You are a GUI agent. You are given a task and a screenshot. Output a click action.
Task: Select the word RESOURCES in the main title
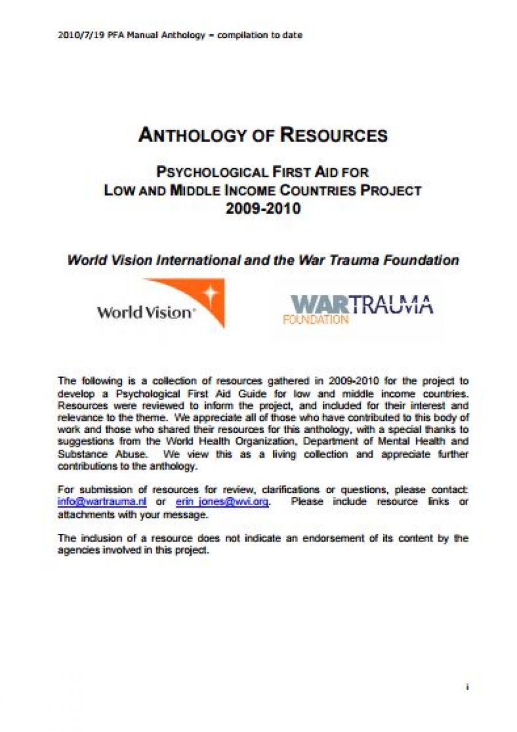[333, 135]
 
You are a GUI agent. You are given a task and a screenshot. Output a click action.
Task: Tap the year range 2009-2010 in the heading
[263, 208]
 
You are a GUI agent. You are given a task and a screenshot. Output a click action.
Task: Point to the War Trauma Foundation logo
[358, 309]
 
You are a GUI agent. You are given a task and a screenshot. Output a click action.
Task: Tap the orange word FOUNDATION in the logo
[315, 320]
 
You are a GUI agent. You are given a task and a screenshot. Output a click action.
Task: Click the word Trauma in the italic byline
[345, 260]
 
